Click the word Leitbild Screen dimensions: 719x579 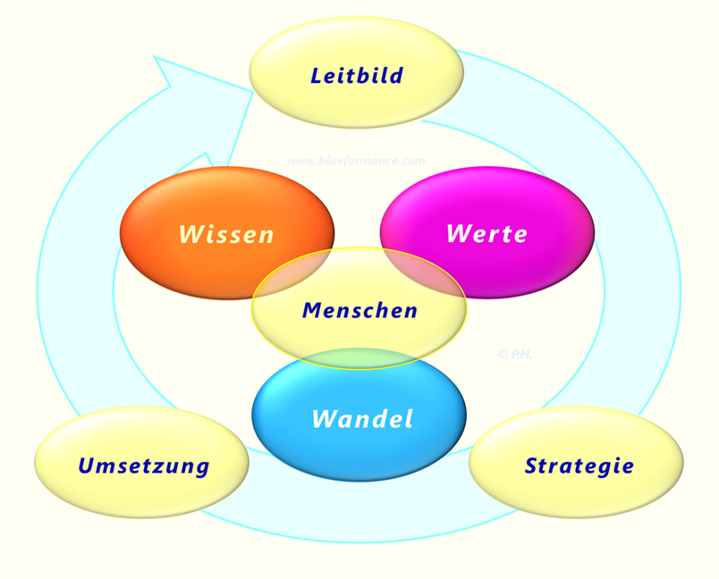[x=357, y=76]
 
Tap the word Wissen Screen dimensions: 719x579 [x=226, y=234]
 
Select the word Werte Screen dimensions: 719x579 [x=487, y=233]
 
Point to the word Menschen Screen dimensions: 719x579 [x=360, y=311]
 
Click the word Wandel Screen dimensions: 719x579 [x=363, y=419]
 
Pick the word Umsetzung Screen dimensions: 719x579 [x=144, y=466]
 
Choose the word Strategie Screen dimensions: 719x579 [x=579, y=466]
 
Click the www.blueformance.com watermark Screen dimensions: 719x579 [x=356, y=161]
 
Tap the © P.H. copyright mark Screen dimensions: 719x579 [x=514, y=354]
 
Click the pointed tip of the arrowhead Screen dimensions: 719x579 [x=154, y=57]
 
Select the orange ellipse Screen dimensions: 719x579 [x=227, y=232]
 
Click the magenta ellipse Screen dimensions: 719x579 [x=487, y=232]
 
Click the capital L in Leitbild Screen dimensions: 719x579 [x=317, y=76]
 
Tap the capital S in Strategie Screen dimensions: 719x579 [x=532, y=466]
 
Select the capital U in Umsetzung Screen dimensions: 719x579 [x=87, y=466]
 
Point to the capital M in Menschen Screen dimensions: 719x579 [x=313, y=311]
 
